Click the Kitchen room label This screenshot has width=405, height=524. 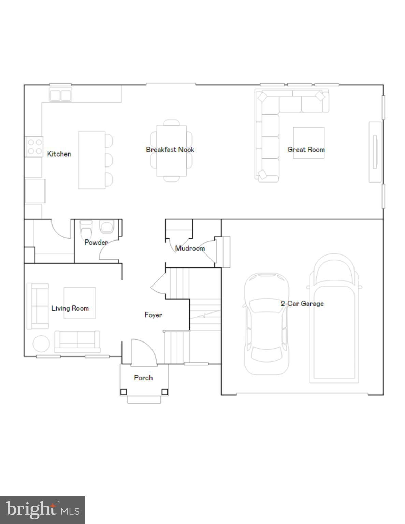[59, 154]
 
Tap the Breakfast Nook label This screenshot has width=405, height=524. [170, 150]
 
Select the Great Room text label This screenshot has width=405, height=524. [306, 150]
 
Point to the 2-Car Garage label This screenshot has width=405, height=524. [302, 303]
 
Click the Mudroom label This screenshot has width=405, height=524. [190, 248]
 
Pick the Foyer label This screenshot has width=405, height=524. [153, 315]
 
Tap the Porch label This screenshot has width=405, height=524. [143, 378]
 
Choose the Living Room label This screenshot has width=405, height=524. [70, 308]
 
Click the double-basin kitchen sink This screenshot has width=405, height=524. [60, 95]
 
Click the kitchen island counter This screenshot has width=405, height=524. [92, 160]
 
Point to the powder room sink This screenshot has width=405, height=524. [106, 227]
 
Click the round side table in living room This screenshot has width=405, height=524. [41, 344]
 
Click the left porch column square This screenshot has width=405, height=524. [124, 392]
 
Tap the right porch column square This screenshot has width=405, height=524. [164, 392]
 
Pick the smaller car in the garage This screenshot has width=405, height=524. [266, 324]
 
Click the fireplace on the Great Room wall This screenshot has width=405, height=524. [375, 152]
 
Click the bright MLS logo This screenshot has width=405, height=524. [43, 510]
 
